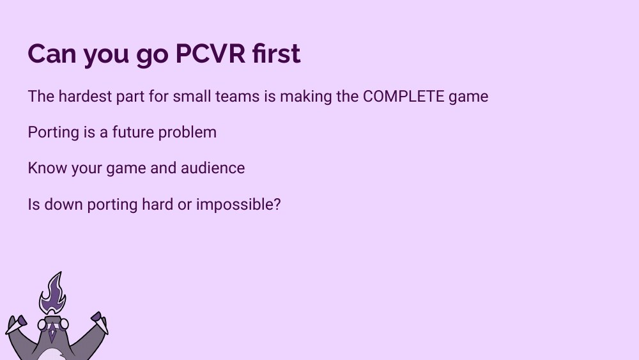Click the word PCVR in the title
210,54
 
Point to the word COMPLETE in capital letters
403,97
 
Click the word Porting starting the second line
53,132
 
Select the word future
133,132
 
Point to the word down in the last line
63,205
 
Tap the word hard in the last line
158,205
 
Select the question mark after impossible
277,205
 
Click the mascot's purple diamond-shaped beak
54,334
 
